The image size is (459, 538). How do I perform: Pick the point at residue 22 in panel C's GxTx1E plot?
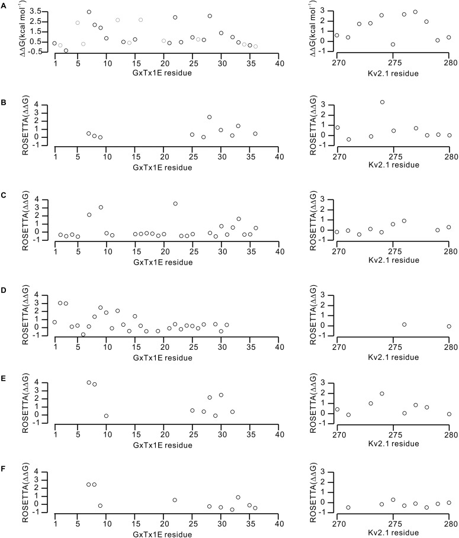pos(175,204)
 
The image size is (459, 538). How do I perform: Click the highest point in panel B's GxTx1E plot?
pos(209,117)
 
